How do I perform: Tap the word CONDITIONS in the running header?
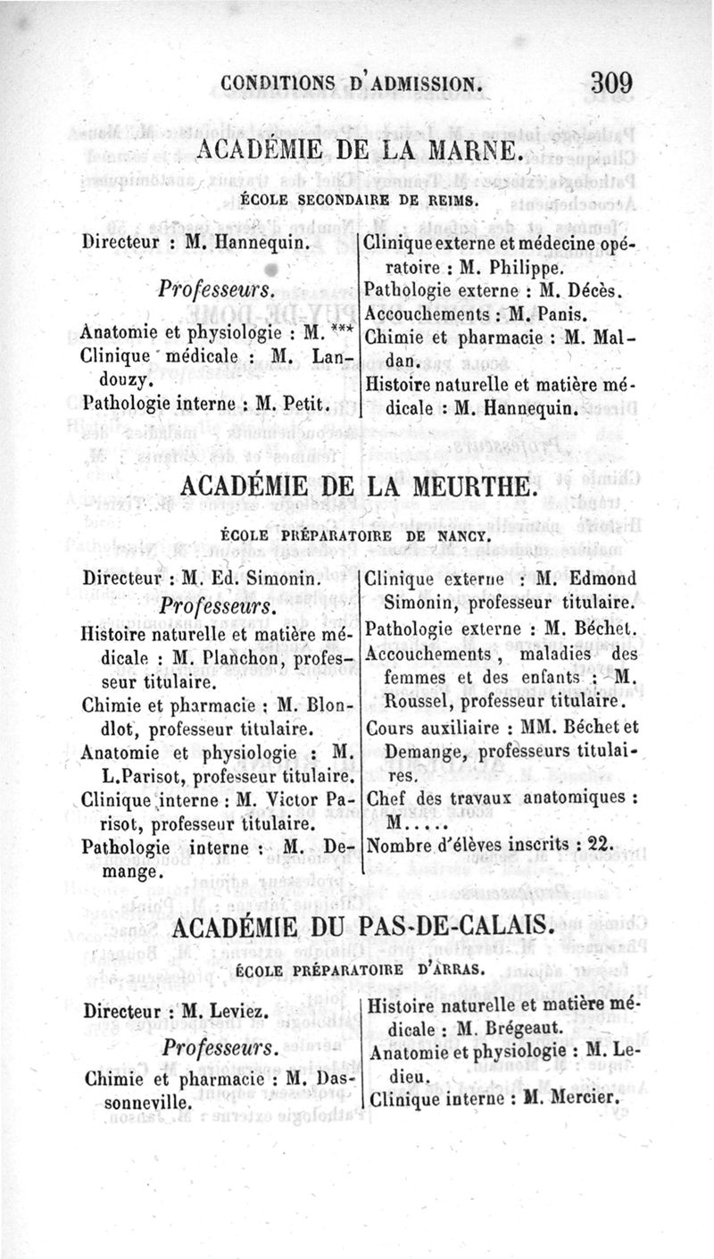(278, 85)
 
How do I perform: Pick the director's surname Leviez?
(235, 1013)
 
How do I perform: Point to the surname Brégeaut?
(516, 1029)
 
